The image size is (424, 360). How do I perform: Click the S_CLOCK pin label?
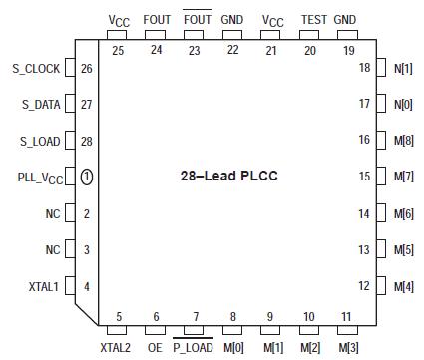(x=37, y=69)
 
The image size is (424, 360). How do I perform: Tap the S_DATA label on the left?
(x=41, y=104)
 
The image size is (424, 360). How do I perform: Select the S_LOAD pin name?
(x=41, y=141)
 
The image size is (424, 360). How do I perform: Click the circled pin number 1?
(x=87, y=177)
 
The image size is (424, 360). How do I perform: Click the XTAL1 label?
(x=46, y=287)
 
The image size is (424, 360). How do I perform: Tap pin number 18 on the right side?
(x=365, y=67)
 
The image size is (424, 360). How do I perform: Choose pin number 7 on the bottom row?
(x=195, y=316)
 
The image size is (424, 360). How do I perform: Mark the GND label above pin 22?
(x=231, y=19)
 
